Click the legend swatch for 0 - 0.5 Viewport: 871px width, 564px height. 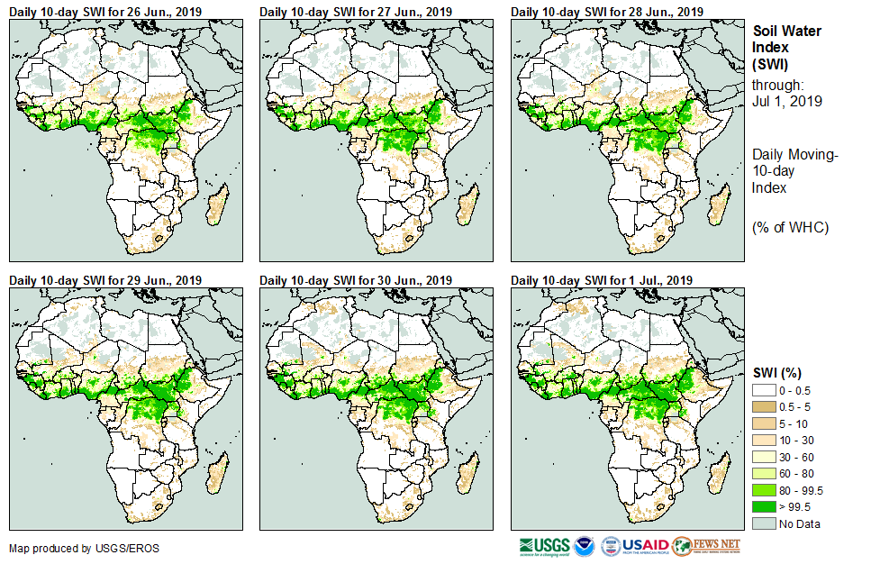tap(764, 390)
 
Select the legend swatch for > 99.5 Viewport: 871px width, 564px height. tap(764, 507)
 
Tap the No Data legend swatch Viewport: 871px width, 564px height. tap(764, 523)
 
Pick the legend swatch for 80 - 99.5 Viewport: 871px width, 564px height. tap(764, 490)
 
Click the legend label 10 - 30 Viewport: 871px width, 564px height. tap(796, 440)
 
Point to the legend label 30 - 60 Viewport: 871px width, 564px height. tap(796, 457)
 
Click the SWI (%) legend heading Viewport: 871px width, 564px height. tap(777, 372)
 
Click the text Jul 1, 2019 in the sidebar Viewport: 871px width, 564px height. tap(787, 101)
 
